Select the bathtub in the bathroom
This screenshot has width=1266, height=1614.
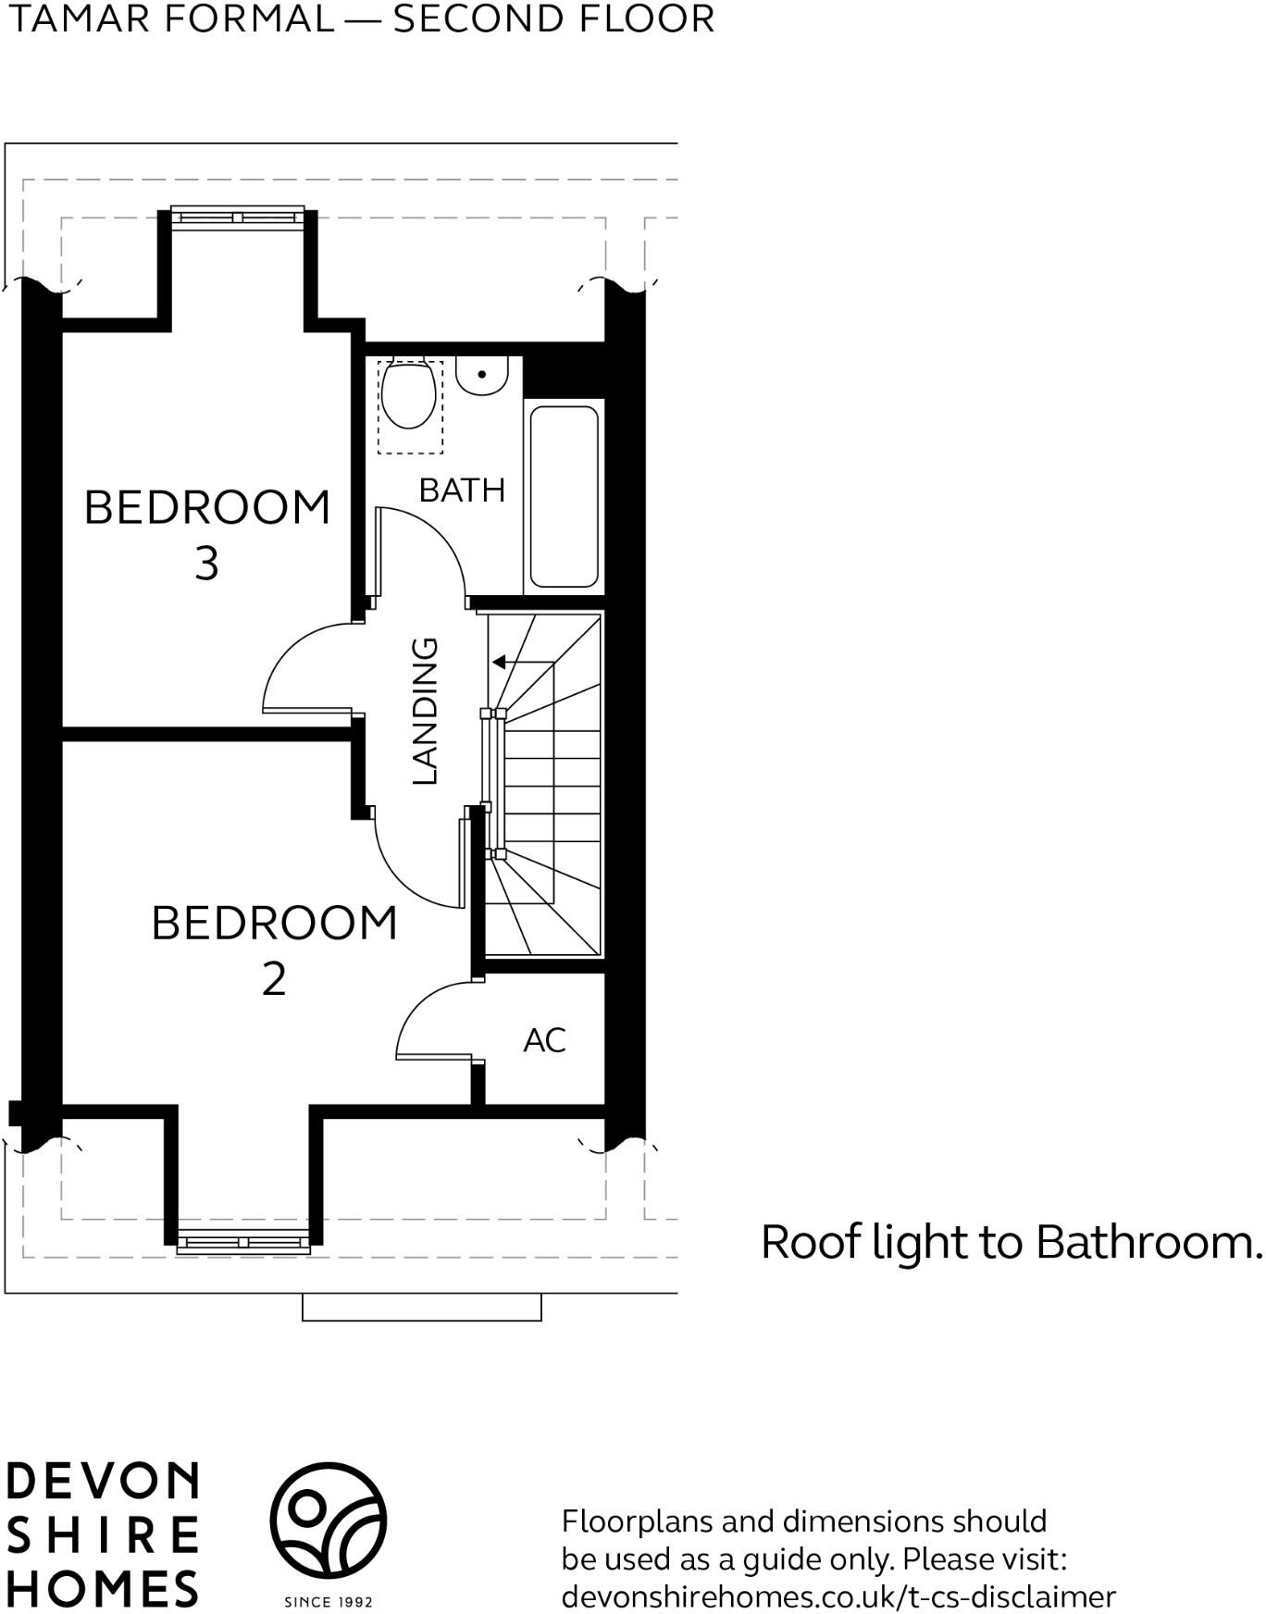(x=564, y=497)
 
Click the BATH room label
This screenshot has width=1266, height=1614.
(x=462, y=490)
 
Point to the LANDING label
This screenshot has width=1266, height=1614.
(x=424, y=711)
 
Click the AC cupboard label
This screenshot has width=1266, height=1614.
(x=544, y=1040)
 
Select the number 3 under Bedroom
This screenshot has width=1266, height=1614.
(x=206, y=563)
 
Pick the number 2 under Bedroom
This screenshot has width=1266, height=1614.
(x=274, y=979)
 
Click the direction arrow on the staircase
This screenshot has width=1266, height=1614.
(x=523, y=662)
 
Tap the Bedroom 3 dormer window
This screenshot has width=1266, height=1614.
(x=238, y=217)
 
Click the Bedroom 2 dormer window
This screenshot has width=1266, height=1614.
(x=243, y=1243)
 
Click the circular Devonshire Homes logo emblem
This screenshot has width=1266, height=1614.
(x=328, y=1521)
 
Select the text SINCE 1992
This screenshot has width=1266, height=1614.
(x=329, y=1602)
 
